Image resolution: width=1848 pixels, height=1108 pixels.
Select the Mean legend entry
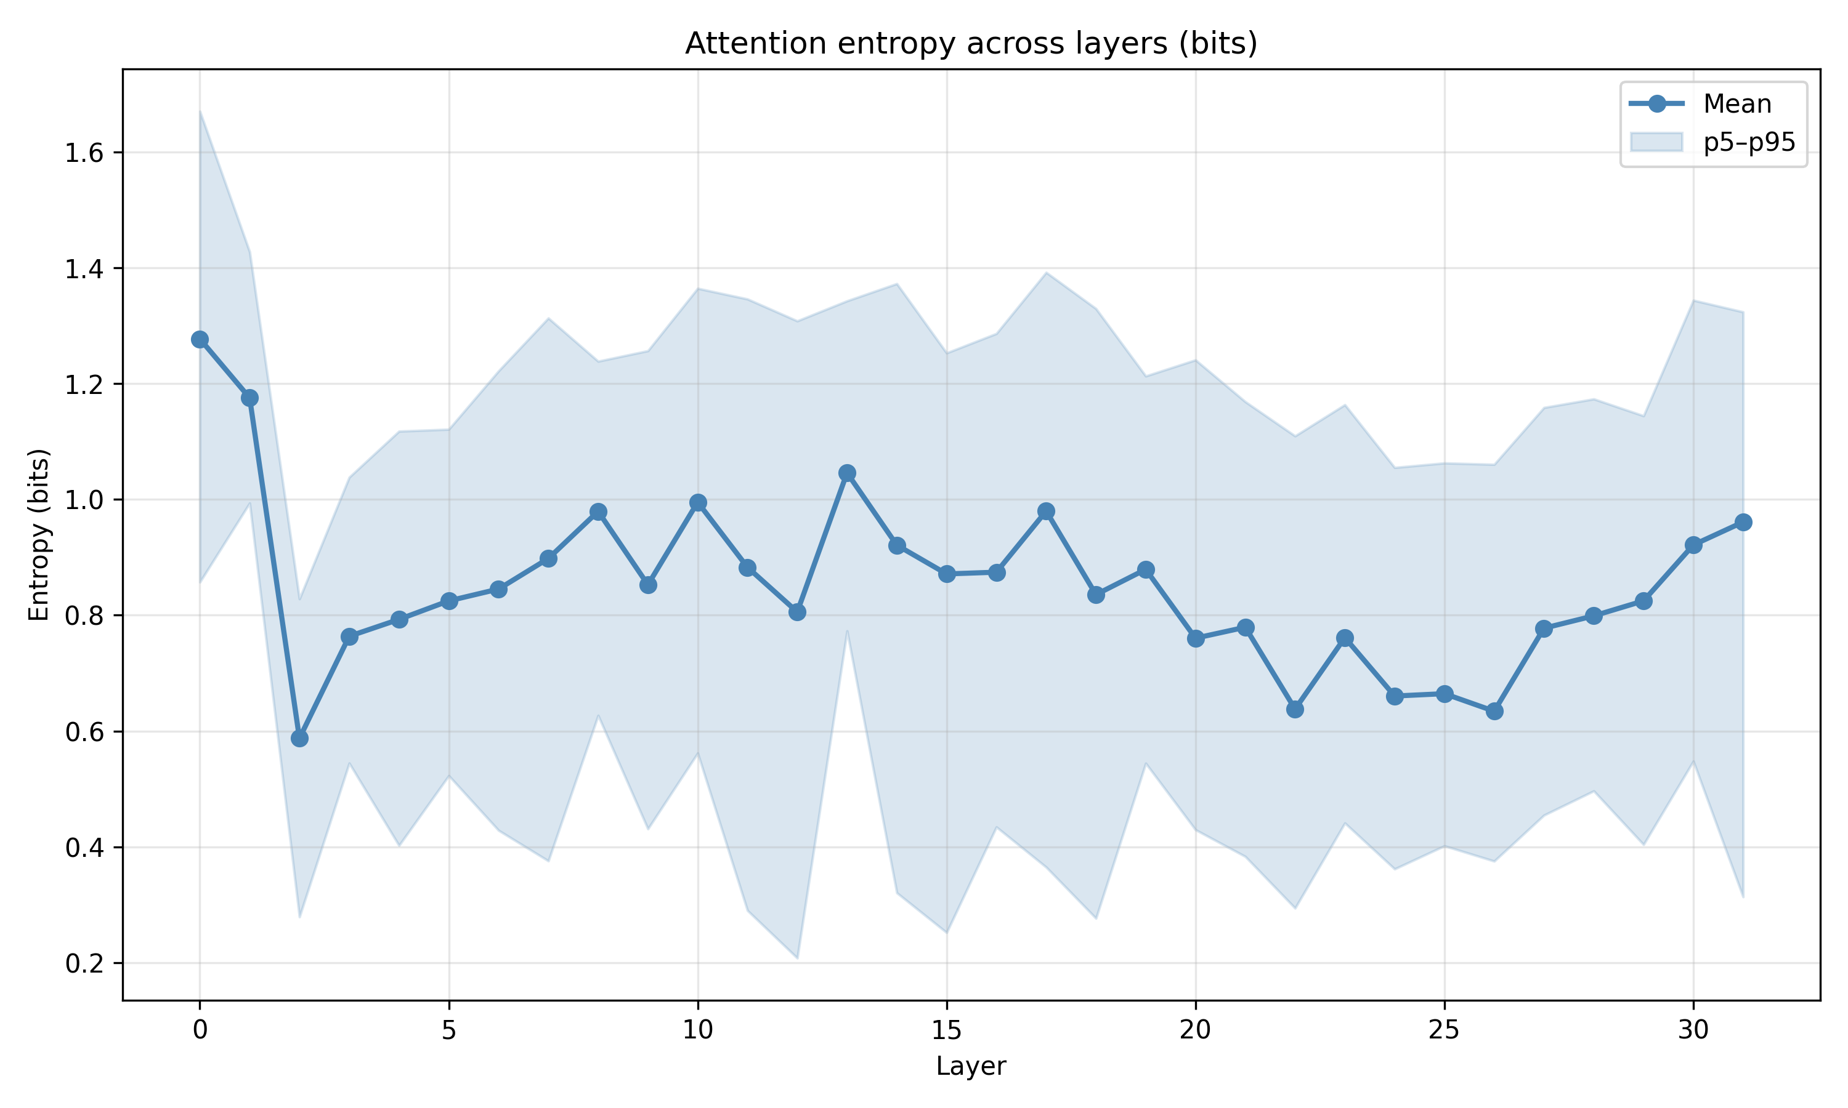(x=1737, y=104)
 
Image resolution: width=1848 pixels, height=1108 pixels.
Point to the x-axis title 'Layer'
(x=971, y=1066)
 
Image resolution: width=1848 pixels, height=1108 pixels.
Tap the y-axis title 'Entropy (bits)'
(x=39, y=534)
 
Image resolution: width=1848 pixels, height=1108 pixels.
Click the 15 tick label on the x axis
(x=946, y=1030)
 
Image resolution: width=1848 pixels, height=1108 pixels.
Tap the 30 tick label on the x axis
(x=1693, y=1030)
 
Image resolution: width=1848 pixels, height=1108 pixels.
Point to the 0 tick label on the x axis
(x=200, y=1030)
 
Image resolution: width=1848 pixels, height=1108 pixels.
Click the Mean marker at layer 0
(x=200, y=340)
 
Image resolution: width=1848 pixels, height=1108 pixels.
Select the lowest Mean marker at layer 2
(x=299, y=739)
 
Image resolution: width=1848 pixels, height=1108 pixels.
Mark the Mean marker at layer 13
(x=847, y=473)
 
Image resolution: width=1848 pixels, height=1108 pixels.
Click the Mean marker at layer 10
(x=698, y=502)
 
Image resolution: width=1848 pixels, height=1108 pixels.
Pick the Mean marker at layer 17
(x=1046, y=512)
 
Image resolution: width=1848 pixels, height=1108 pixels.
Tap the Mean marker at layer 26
(x=1494, y=711)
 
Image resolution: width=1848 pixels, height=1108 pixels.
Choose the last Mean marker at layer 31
(x=1743, y=522)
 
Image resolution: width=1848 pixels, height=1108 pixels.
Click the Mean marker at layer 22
(x=1295, y=709)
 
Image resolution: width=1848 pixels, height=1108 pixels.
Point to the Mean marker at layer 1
(x=249, y=398)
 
